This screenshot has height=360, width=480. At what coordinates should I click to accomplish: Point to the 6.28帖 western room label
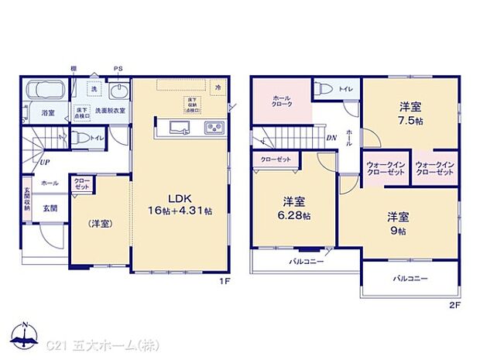(294, 209)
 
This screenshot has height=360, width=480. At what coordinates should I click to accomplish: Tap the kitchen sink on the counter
(174, 127)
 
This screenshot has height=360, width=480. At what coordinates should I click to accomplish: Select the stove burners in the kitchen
(212, 128)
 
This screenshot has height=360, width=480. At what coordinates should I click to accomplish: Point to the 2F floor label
(454, 305)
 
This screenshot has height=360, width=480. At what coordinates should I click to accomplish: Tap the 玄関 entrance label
(49, 207)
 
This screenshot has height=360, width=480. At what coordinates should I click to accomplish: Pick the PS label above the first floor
(118, 69)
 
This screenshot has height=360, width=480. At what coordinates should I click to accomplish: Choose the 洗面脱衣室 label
(110, 111)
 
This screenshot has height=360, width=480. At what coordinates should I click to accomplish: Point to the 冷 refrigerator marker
(219, 87)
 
